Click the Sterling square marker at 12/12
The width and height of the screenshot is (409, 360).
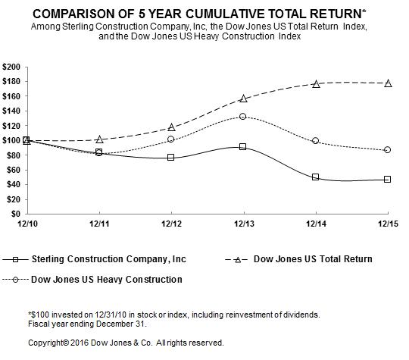coord(171,157)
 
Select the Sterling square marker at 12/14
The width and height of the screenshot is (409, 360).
coord(315,177)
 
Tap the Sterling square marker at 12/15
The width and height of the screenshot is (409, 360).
coord(387,179)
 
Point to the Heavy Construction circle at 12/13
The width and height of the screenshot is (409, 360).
coord(242,117)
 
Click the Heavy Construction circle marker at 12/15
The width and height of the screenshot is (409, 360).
coord(387,150)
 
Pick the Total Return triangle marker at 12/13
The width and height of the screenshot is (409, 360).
coord(243,99)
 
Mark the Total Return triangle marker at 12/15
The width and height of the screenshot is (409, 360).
coord(388,83)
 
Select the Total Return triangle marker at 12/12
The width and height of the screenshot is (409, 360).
coord(171,127)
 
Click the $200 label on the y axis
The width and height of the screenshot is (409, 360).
coord(11,67)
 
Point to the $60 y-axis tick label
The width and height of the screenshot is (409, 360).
coord(14,170)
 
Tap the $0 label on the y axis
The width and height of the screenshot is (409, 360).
coord(16,214)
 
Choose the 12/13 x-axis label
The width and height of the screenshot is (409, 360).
coord(244,224)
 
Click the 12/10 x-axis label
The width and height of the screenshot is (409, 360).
coord(27,224)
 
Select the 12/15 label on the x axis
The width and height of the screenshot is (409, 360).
coord(389,224)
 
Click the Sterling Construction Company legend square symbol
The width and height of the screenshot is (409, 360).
coord(15,259)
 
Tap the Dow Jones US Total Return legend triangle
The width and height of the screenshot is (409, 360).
coord(238,260)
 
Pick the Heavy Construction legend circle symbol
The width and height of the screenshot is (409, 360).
coord(16,280)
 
